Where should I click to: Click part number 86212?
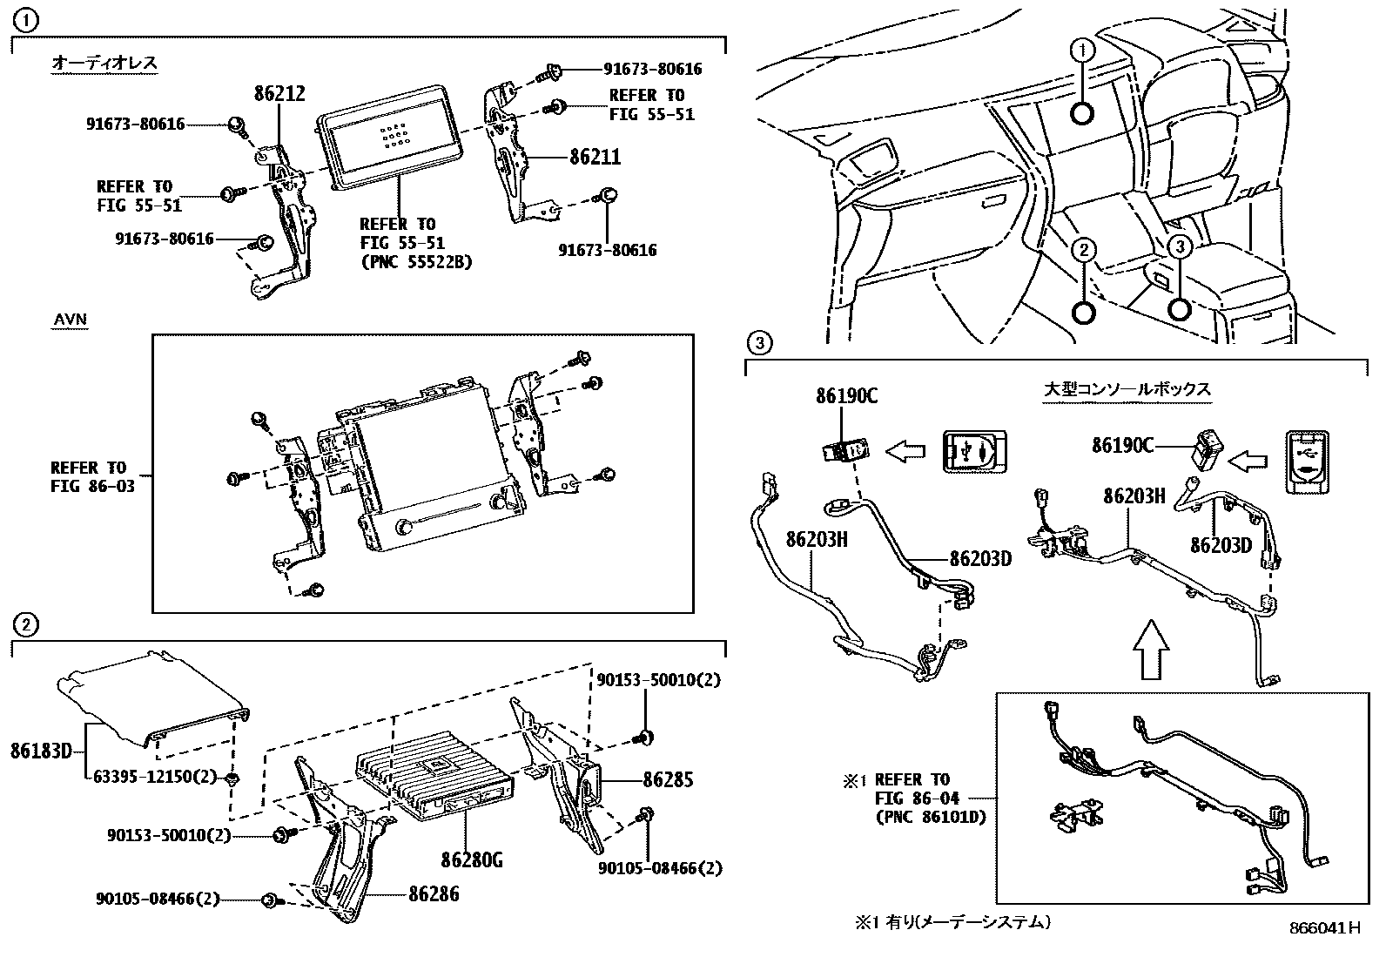(279, 94)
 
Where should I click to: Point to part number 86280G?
(472, 860)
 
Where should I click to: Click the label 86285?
(668, 779)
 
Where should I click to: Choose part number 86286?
(433, 893)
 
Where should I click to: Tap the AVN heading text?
(71, 320)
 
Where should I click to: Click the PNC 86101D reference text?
(931, 818)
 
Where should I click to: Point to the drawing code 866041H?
(1324, 928)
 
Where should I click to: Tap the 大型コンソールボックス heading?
(1127, 389)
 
